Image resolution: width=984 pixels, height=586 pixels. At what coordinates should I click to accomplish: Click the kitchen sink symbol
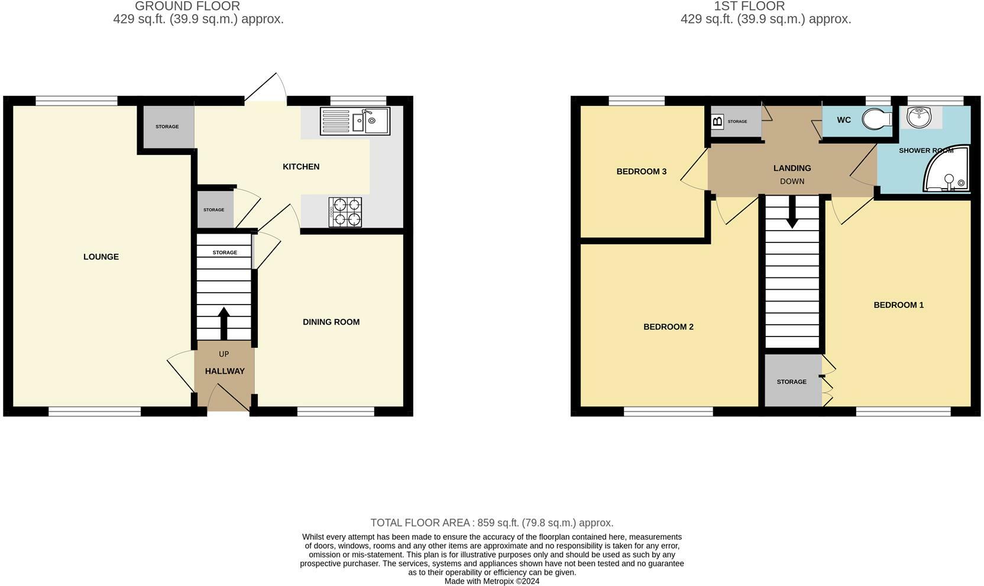pos(355,121)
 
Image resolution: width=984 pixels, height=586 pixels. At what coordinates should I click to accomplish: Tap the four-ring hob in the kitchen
pos(345,212)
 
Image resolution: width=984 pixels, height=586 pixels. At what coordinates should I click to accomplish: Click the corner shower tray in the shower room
pos(948,171)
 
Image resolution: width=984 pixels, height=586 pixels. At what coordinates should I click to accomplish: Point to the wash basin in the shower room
pos(918,116)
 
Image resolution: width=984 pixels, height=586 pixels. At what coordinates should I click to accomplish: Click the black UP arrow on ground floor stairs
pos(224,323)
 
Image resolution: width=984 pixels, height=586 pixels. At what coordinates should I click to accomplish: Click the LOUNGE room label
pos(101,257)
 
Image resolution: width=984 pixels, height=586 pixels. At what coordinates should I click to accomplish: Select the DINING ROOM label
pos(331,322)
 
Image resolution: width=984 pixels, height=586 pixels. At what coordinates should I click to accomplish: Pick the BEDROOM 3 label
pos(641,171)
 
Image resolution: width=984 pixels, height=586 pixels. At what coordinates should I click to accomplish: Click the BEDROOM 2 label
pos(668,327)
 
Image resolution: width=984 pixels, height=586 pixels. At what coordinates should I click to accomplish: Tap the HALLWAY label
pos(225,371)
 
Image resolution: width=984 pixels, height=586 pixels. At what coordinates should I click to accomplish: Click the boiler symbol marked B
pos(717,122)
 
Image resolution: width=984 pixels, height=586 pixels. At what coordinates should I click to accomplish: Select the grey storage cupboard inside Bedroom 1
pos(792,381)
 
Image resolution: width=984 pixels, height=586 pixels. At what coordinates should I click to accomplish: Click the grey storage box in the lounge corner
pos(167,127)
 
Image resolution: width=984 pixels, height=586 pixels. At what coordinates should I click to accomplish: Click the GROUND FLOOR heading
pos(187,7)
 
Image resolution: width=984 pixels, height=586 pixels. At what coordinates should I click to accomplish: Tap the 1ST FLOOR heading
pos(749,7)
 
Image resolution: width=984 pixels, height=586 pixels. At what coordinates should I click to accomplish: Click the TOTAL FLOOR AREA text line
pos(491,523)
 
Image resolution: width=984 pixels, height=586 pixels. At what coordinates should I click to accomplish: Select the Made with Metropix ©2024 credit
pos(491,581)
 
